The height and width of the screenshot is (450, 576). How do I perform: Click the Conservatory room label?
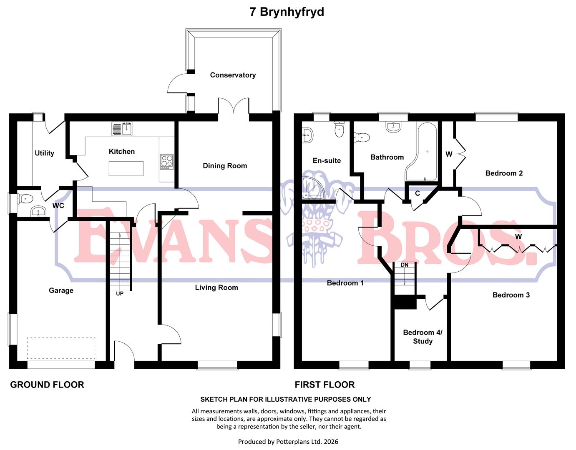(233, 75)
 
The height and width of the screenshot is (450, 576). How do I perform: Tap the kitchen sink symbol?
(122, 129)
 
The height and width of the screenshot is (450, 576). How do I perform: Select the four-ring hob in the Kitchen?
(167, 162)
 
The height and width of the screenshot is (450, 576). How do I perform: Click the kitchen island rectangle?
(126, 168)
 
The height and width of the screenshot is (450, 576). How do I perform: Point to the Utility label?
(44, 153)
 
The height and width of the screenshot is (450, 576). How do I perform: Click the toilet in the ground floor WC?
(25, 199)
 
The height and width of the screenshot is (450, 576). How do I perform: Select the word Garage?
(61, 290)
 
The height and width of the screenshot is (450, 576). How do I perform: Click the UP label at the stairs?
(120, 293)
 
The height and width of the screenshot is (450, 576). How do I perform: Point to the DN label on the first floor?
(405, 265)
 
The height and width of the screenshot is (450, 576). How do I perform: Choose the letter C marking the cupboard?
(418, 193)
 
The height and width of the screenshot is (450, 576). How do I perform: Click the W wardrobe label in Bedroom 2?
(449, 154)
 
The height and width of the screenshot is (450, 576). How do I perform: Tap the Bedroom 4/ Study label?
(423, 337)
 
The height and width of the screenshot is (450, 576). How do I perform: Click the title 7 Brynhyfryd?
(287, 12)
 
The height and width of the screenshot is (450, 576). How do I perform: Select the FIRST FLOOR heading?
(324, 385)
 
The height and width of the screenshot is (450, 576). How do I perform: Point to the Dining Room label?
(225, 166)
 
